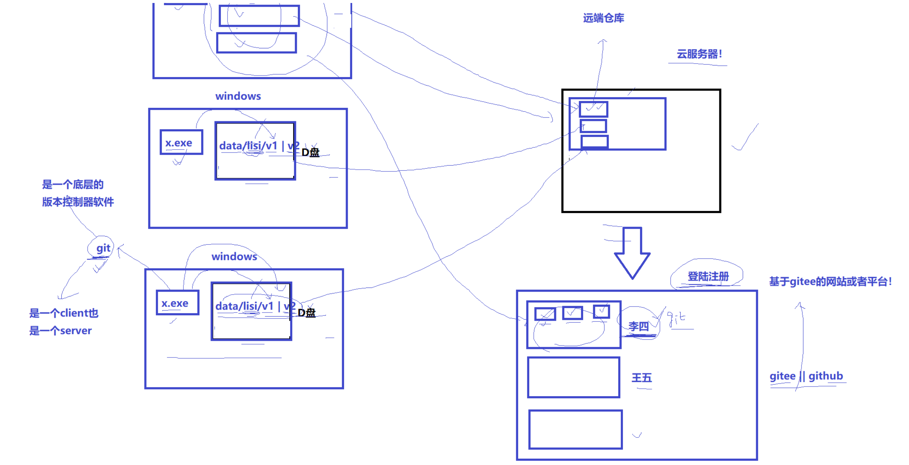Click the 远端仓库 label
(x=603, y=18)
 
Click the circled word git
(x=103, y=248)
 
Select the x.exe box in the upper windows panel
(x=181, y=142)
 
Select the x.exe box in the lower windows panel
(x=177, y=303)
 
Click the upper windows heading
(x=238, y=96)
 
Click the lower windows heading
(x=234, y=256)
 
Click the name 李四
(x=638, y=326)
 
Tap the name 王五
(x=642, y=378)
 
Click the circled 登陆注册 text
(x=708, y=276)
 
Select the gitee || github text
(x=806, y=376)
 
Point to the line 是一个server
(x=60, y=331)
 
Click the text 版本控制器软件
(x=78, y=202)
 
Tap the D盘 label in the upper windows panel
(x=310, y=152)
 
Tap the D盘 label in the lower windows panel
(x=306, y=312)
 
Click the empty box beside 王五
(x=574, y=377)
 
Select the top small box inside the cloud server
(x=594, y=109)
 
